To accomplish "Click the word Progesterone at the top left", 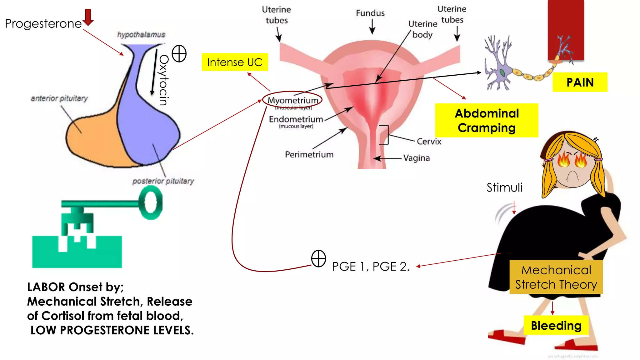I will [x=43, y=24].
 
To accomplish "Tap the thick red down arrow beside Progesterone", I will [x=88, y=17].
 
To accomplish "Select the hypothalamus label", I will [x=141, y=35].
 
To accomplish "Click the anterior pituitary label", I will [x=59, y=98].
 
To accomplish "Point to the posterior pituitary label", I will [x=163, y=181].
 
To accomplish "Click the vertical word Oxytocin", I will [x=164, y=80].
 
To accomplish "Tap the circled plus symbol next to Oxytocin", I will [x=179, y=53].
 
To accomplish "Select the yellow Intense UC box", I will [x=235, y=62].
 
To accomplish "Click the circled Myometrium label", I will [x=292, y=100].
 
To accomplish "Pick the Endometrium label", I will [x=296, y=119].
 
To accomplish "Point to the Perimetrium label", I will [x=309, y=155].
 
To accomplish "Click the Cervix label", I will [x=429, y=142].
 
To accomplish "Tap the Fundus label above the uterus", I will [x=370, y=13].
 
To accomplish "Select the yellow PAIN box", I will [x=580, y=82].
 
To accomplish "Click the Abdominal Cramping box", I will [x=487, y=120].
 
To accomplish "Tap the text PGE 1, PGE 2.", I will [x=370, y=267].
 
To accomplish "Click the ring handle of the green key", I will [x=151, y=202].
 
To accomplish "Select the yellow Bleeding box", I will [x=556, y=326].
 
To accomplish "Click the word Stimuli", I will [x=504, y=187].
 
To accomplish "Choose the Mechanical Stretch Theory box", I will [x=556, y=277].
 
